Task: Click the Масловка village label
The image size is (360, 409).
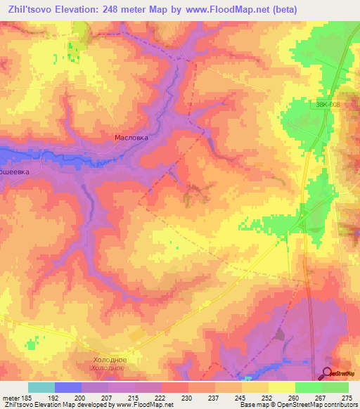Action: [131, 138]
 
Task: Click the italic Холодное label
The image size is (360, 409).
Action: [108, 368]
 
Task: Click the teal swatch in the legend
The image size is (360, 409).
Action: [41, 387]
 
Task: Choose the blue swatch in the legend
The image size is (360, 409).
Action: [68, 387]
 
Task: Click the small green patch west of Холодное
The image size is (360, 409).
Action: [30, 343]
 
